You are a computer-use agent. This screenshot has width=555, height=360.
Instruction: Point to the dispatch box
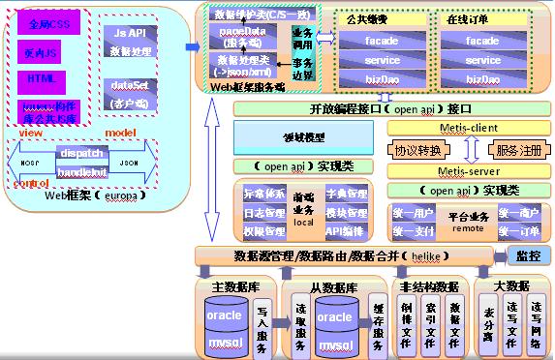pos(80,153)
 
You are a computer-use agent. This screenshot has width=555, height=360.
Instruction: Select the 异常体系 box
pos(265,195)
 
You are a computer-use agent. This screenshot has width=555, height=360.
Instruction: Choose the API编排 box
pos(345,232)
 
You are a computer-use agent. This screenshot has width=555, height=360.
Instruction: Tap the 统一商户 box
pos(519,212)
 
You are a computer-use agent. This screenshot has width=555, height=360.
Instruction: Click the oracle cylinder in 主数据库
pos(226,315)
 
